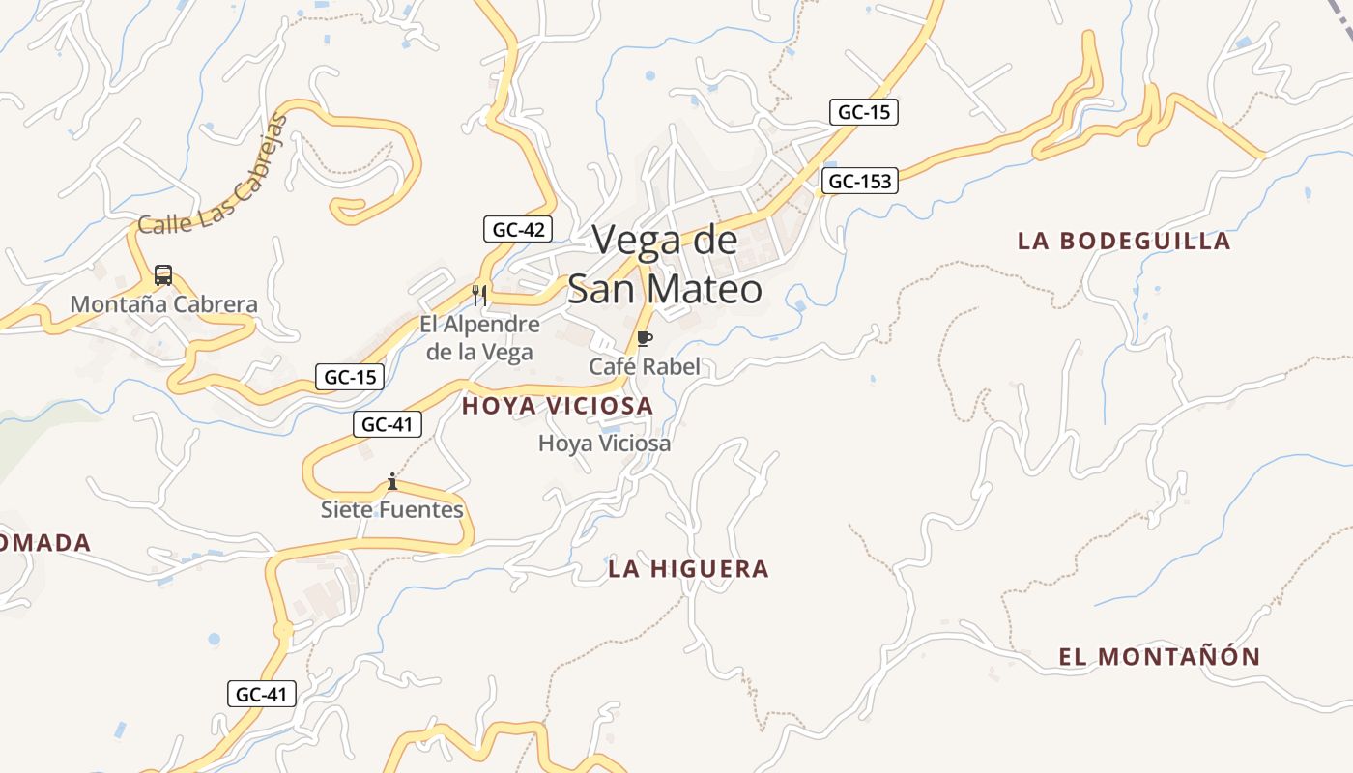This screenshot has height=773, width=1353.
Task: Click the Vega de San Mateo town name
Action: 665,264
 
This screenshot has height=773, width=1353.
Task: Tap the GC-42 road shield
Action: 519,230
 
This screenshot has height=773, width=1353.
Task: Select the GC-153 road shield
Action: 860,181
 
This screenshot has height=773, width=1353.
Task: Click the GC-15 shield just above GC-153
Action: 864,112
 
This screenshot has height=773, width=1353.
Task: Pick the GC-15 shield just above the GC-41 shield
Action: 350,377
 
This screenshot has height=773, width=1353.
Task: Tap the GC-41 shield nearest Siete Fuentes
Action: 389,423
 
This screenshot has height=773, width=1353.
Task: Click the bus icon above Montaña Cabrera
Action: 163,275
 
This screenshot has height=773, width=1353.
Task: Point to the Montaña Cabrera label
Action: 164,304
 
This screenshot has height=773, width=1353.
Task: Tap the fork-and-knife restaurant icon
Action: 479,295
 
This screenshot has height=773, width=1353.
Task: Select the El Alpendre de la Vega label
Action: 479,337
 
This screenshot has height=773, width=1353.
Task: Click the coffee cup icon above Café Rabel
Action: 645,338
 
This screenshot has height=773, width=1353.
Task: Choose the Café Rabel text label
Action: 645,367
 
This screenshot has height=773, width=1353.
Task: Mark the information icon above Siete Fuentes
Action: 392,481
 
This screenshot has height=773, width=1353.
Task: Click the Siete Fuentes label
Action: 392,509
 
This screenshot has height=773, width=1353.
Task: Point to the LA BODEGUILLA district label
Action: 1124,241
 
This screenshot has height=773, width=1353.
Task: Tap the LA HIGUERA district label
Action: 688,569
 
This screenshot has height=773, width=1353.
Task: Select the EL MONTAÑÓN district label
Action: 1159,657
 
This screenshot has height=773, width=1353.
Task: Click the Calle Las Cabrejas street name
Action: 214,174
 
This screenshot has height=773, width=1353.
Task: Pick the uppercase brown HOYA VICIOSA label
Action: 558,407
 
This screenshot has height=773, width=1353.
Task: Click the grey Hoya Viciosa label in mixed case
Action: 604,444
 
